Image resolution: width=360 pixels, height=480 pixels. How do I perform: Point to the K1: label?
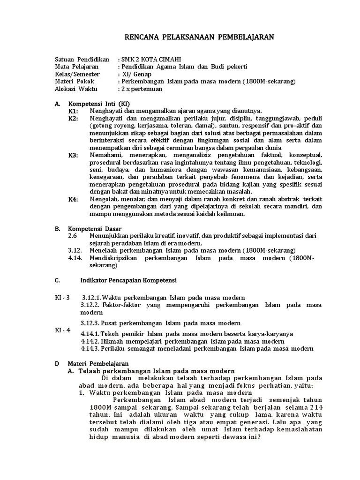73,111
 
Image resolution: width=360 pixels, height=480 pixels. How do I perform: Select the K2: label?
73,119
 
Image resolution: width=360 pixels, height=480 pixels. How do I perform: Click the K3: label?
73,155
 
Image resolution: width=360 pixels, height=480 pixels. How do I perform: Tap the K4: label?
73,199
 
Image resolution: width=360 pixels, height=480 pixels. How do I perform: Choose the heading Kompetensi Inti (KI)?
99,104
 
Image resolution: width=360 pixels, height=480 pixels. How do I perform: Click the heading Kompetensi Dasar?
92,229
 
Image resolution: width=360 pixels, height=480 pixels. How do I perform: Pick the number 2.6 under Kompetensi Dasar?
72,236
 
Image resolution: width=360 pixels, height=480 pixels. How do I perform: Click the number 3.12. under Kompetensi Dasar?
75,250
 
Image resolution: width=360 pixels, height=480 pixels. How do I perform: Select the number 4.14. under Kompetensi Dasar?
75,258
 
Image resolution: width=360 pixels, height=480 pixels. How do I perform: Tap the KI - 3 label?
62,298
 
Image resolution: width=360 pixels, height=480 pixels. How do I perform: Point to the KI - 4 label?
62,330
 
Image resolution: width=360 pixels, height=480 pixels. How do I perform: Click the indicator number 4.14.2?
90,341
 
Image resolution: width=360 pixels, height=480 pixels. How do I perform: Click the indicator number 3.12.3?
90,323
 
